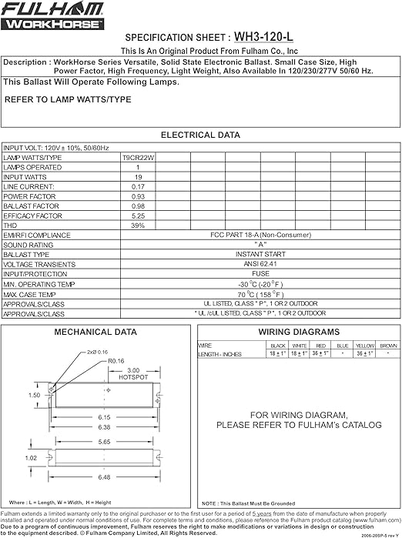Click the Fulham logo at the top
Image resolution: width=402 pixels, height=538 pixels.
coord(52,15)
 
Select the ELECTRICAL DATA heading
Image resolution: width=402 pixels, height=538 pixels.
coord(199,135)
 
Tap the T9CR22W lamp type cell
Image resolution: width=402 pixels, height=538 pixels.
coord(138,157)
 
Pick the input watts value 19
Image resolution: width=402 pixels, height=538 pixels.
coord(138,177)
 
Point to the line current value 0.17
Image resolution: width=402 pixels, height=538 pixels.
coord(138,186)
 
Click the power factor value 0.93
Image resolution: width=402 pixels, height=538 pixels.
coord(138,196)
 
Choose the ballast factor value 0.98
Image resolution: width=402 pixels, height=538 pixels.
coord(138,206)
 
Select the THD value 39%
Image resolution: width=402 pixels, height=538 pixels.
coord(138,226)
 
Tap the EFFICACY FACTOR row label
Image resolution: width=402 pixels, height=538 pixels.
coord(32,216)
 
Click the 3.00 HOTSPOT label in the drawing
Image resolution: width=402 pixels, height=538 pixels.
coord(133,374)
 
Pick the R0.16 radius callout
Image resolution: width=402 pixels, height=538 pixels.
coord(116,360)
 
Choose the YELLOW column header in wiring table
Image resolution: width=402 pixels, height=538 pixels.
coord(365,346)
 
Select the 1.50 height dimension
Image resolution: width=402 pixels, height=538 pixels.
coord(35,395)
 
